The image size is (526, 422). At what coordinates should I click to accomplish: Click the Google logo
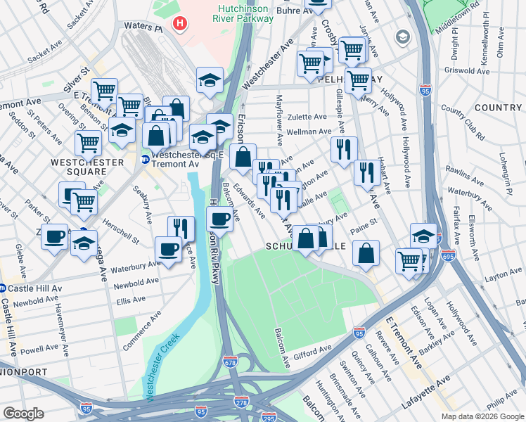pos(23,413)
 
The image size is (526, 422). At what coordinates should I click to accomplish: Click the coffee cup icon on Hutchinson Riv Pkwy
pos(220,219)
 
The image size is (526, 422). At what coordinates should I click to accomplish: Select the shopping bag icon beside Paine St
pos(366,252)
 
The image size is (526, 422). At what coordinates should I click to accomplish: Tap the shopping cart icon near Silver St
pos(104,90)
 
